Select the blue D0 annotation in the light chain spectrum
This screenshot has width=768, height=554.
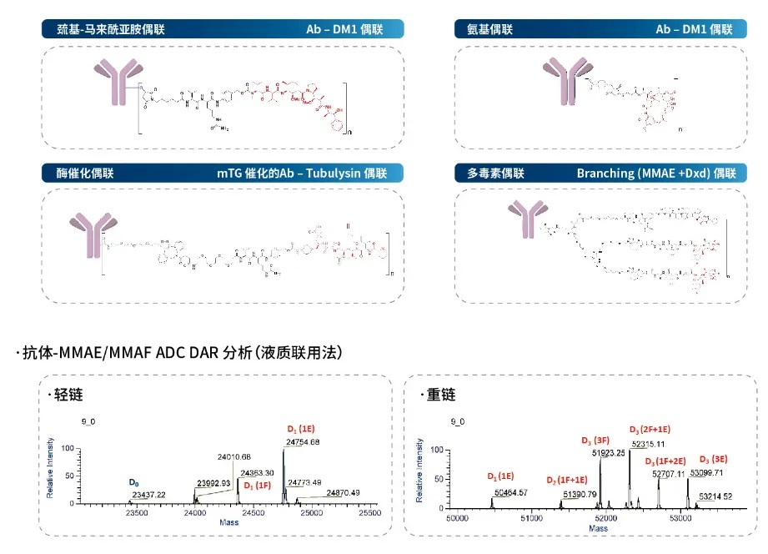click(133, 483)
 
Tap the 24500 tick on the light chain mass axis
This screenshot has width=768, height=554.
click(253, 514)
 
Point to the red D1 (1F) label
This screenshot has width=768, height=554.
click(258, 485)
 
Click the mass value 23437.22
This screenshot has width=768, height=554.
click(148, 495)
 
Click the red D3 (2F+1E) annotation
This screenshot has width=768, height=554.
click(650, 430)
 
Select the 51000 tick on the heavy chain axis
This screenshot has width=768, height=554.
click(532, 516)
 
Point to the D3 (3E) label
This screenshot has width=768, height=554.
click(716, 460)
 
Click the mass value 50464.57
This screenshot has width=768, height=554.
click(511, 492)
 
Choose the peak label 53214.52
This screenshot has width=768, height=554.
click(716, 496)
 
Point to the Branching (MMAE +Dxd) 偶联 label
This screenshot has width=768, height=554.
click(656, 174)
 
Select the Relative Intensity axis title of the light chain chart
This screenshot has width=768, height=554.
click(51, 467)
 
